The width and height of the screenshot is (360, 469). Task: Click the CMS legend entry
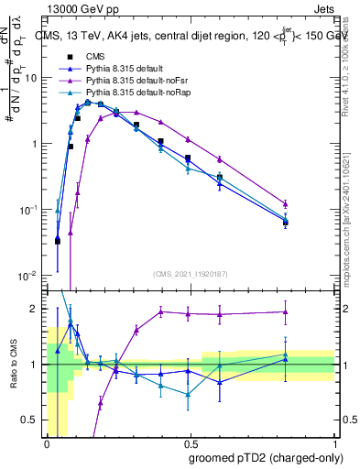(95, 57)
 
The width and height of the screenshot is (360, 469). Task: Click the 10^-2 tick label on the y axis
(29, 275)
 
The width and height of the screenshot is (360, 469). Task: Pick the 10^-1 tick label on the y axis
(29, 210)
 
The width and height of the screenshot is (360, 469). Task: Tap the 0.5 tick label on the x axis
(191, 443)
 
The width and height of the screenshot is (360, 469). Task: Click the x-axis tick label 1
(335, 443)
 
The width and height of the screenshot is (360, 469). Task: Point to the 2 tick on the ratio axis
(37, 309)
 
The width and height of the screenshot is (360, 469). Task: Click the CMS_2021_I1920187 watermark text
(191, 273)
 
